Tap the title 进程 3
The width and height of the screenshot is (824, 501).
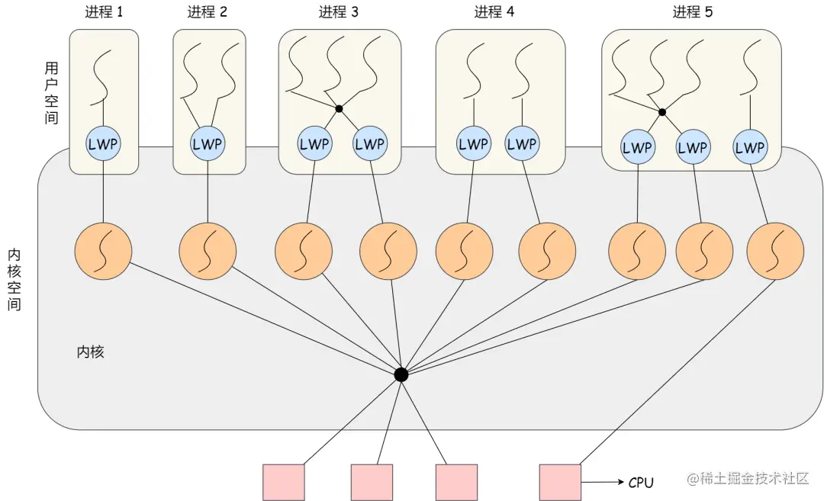point(339,12)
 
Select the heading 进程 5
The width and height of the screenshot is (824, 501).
point(692,12)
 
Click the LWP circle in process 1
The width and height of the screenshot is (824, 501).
point(103,143)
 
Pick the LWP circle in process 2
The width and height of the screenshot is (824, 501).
point(208,143)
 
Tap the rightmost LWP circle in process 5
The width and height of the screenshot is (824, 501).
point(749,148)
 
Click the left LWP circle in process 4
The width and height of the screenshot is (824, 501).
point(474,143)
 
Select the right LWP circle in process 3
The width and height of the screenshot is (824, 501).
point(369,143)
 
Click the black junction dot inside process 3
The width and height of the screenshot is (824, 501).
point(339,109)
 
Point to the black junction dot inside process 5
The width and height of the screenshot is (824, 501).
point(662,112)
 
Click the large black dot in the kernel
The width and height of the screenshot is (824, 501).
point(401,374)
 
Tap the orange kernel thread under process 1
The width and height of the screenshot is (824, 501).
point(103,251)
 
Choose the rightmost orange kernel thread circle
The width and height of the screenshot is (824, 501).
point(775,251)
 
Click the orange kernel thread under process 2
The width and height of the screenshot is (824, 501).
point(208,251)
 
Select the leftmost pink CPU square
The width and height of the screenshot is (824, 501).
point(284,482)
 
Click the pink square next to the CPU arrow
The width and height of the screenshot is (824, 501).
point(560,482)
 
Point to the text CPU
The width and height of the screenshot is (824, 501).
point(641,482)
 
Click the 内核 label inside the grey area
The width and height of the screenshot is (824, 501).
point(90,352)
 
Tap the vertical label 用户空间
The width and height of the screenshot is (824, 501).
point(51,92)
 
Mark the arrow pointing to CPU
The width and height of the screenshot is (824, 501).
point(601,482)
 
